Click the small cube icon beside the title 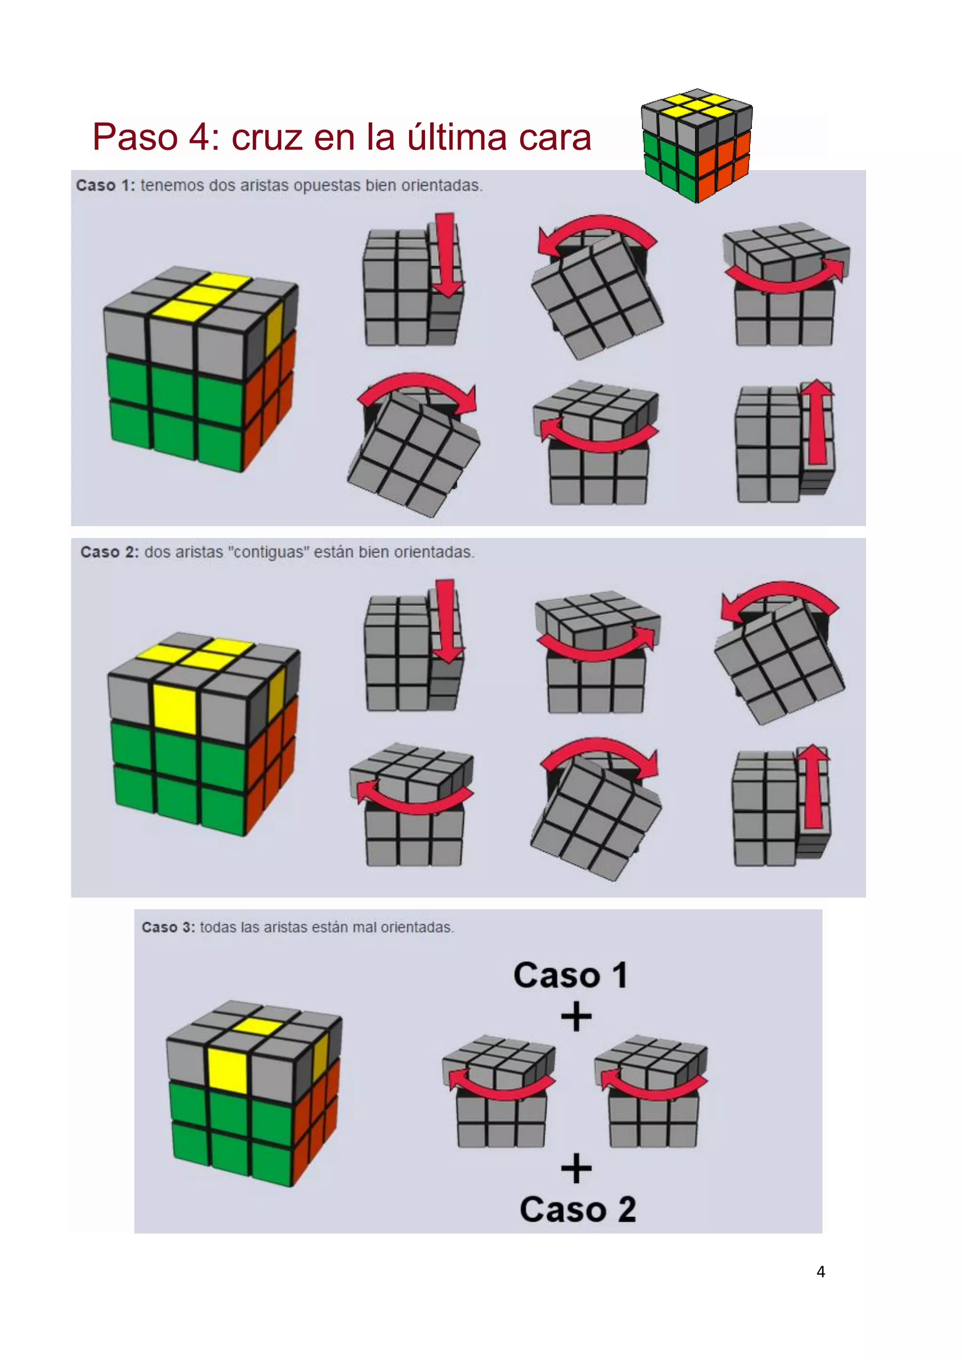pyautogui.click(x=697, y=146)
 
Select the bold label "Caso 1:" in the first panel pyautogui.click(x=105, y=186)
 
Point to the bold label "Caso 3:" pyautogui.click(x=168, y=927)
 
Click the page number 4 pyautogui.click(x=821, y=1272)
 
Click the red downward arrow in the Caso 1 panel pyautogui.click(x=446, y=255)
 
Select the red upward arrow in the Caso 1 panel pyautogui.click(x=817, y=422)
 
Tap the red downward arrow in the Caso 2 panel pyautogui.click(x=446, y=621)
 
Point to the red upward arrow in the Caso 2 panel pyautogui.click(x=814, y=787)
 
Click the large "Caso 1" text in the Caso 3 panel pyautogui.click(x=570, y=975)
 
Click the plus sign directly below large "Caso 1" pyautogui.click(x=576, y=1017)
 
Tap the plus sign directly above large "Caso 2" pyautogui.click(x=576, y=1169)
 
